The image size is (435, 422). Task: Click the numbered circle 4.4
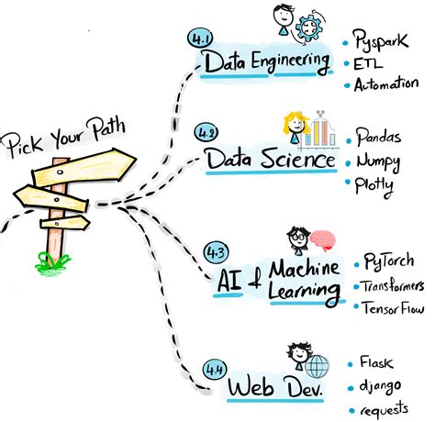point(214,371)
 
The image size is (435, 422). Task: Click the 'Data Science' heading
point(270,160)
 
